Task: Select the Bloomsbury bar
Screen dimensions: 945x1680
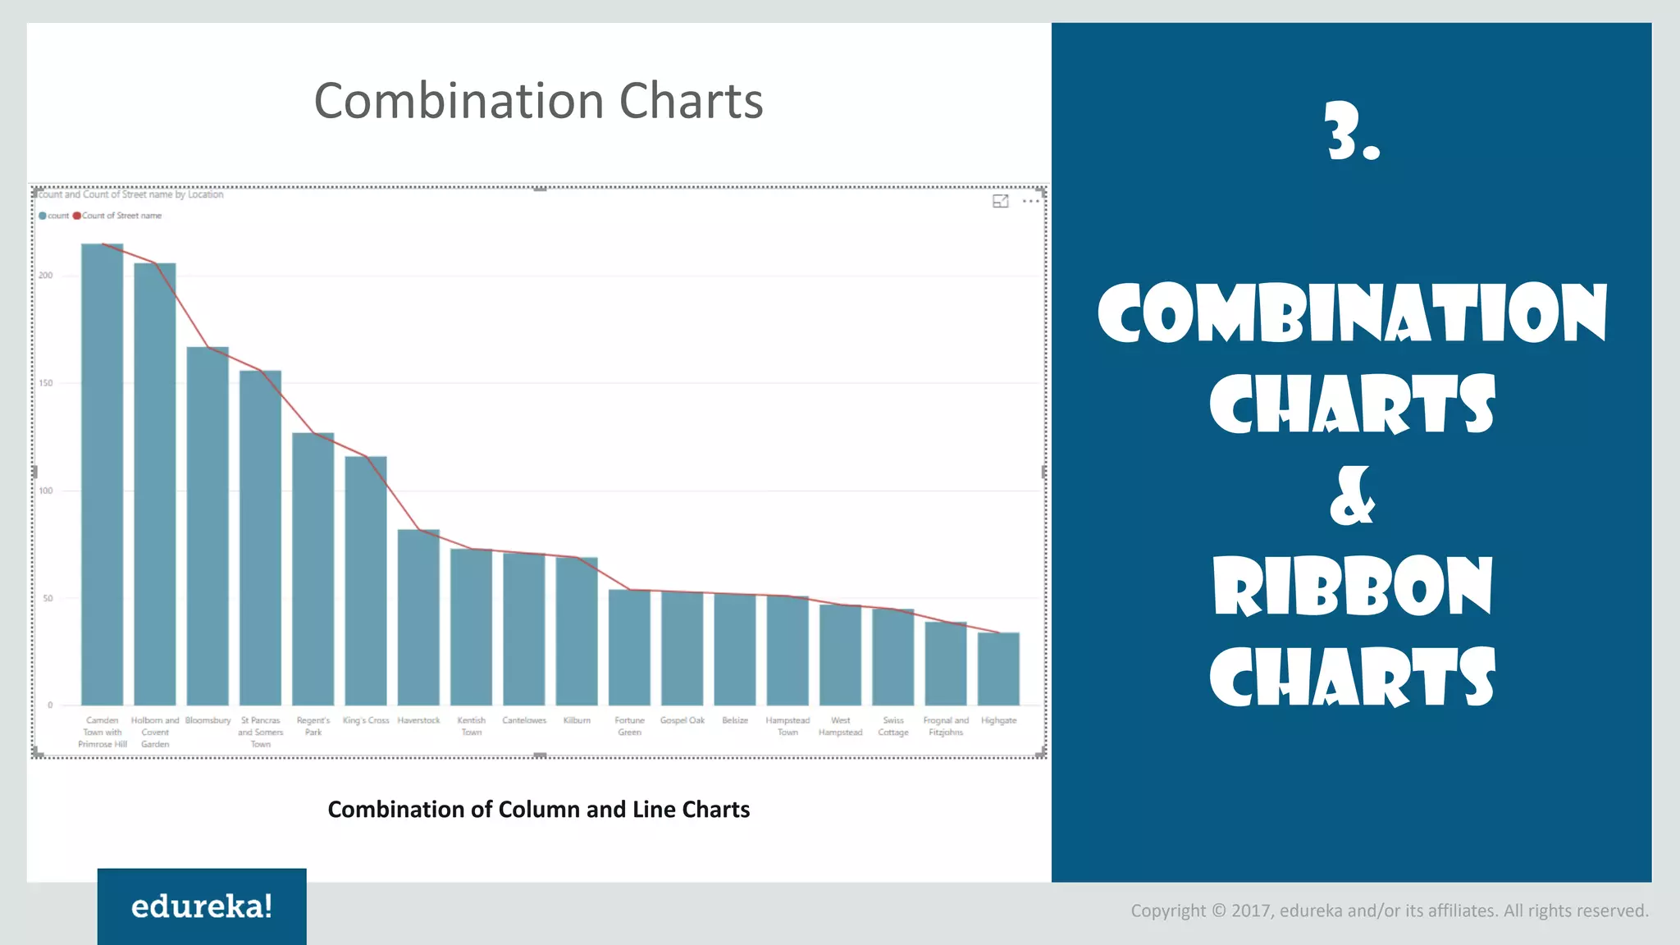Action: click(208, 526)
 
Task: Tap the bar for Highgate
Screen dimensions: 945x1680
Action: click(998, 669)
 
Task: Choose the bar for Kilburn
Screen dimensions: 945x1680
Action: click(577, 631)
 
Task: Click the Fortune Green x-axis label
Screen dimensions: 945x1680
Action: click(629, 726)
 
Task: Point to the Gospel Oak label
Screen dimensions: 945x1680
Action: click(682, 720)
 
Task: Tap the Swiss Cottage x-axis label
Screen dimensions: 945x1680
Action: click(893, 726)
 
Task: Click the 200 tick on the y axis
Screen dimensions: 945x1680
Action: click(46, 276)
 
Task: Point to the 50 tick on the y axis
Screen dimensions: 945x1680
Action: click(48, 598)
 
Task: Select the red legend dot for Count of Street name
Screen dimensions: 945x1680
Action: click(77, 216)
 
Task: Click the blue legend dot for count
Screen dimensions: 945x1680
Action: click(43, 216)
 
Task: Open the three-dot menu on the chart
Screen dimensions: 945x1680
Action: click(1031, 201)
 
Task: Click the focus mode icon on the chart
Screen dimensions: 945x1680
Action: click(1000, 201)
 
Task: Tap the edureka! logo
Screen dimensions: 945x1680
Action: click(202, 906)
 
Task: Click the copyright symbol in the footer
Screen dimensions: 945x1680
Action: click(1218, 911)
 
